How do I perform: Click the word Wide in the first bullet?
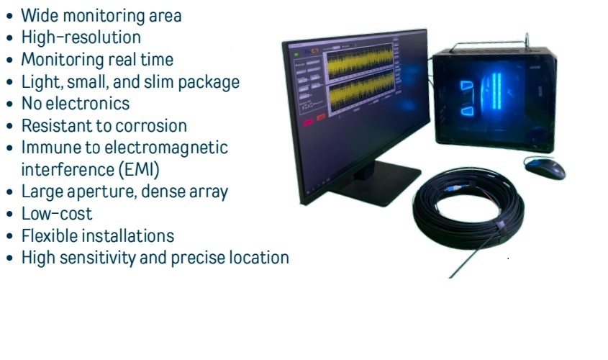[x=40, y=16]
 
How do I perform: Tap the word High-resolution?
[x=81, y=37]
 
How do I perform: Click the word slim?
[x=159, y=81]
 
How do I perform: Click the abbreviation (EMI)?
[x=139, y=169]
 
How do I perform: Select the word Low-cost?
[x=57, y=214]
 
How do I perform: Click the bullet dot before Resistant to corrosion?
[x=9, y=127]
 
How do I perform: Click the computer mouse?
[x=545, y=168]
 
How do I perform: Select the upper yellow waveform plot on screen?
[x=360, y=62]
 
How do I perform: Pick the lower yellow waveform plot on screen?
[x=360, y=92]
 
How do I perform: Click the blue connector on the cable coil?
[x=453, y=189]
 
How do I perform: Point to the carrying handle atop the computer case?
[x=491, y=43]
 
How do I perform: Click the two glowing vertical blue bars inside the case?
[x=496, y=91]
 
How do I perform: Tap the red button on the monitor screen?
[x=308, y=122]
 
